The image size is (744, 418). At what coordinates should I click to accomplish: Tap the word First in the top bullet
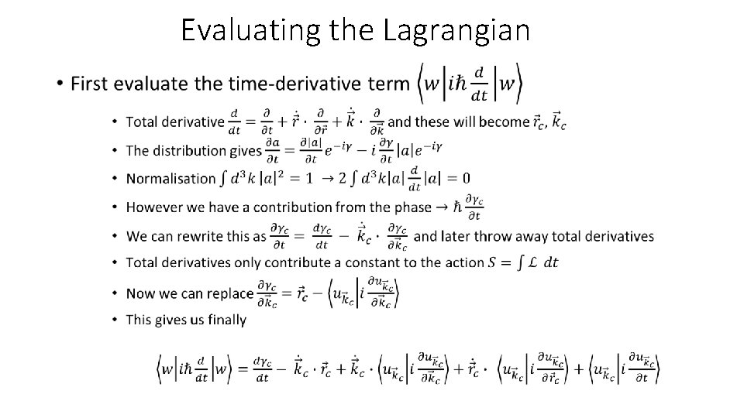pos(91,84)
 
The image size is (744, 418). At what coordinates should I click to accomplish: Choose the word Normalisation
pos(171,179)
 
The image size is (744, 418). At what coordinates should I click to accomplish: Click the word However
pos(154,207)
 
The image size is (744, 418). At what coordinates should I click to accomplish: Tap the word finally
pos(224,319)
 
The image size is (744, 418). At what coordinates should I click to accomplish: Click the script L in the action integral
pos(531,262)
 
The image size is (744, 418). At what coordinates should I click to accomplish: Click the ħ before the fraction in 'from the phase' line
pos(459,207)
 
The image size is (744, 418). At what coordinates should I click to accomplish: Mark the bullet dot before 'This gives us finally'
pos(115,319)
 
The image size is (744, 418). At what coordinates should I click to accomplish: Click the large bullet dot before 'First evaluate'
pos(60,84)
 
